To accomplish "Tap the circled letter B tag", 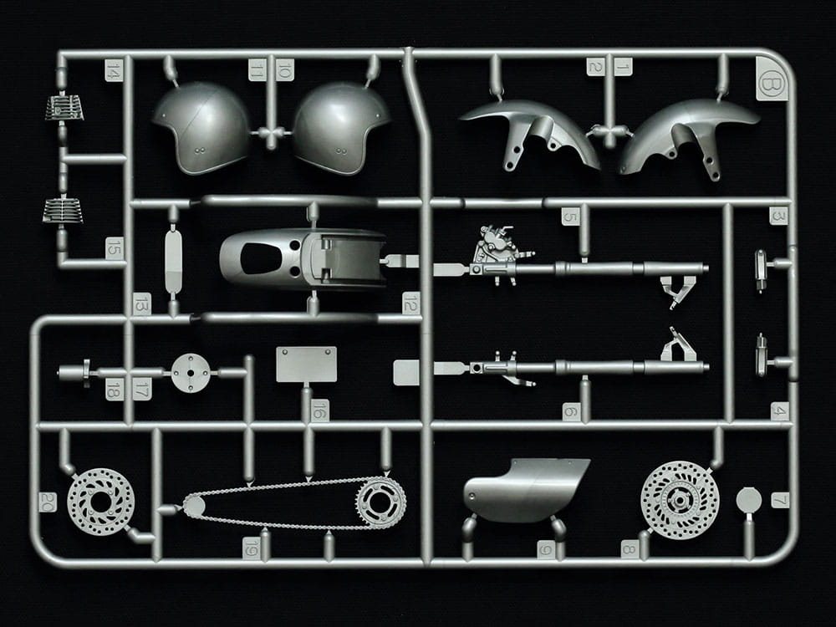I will pos(771,85).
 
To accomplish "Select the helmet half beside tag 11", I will pos(201,127).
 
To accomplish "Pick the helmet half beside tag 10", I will pos(341,127).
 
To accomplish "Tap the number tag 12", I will pos(410,302).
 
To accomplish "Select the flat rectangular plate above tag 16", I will pos(306,364).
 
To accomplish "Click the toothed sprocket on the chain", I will pos(380,502).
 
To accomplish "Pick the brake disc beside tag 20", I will pos(100,502).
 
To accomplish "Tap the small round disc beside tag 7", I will pos(749,500).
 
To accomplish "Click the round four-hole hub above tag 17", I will pos(191,372).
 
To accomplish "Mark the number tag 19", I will pos(252,548).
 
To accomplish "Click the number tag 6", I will pos(570,410).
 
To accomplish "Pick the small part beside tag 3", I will pos(761,268).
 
